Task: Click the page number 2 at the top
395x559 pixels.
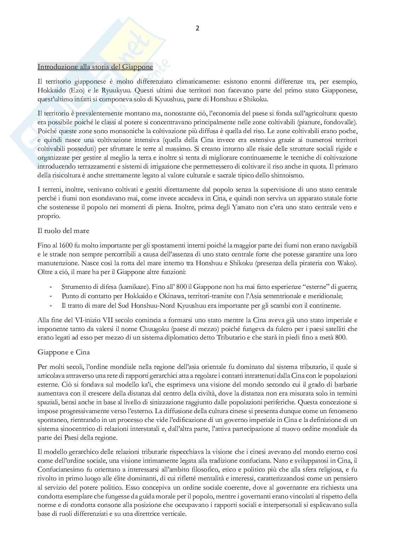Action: coord(197,29)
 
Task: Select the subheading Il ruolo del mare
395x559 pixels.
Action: coord(63,231)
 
